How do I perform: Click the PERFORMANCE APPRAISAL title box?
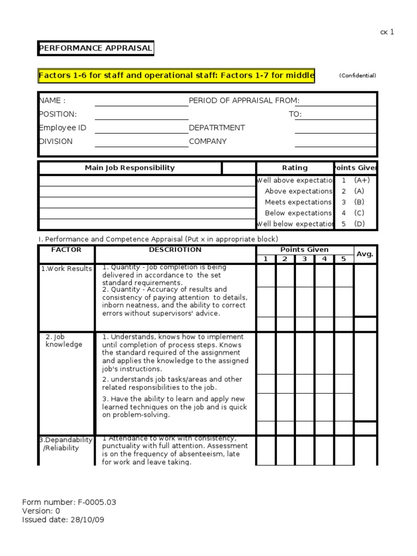tap(96, 48)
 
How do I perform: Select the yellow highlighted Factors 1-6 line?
tap(176, 75)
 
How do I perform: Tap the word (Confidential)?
tap(357, 75)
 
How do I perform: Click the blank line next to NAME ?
tap(141, 101)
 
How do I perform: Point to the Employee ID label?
tap(62, 128)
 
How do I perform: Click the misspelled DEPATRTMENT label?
tap(217, 128)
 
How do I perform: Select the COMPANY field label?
tap(207, 141)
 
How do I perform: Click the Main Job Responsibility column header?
tap(130, 168)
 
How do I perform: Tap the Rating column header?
tap(294, 168)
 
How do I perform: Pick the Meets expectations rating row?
tap(298, 202)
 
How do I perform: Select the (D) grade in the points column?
tap(359, 224)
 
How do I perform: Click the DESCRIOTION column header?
tap(175, 250)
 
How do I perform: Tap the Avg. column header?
tap(365, 254)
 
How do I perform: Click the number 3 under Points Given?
tap(305, 259)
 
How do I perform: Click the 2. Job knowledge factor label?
tap(64, 340)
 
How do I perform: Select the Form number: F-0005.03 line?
tap(69, 502)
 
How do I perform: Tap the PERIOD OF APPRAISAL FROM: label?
tap(244, 100)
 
